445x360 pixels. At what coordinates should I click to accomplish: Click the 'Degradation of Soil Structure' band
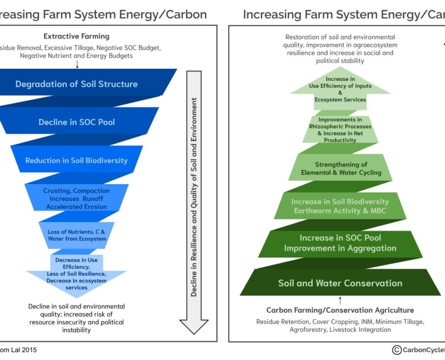[77, 84]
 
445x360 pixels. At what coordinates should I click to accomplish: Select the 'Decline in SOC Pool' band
[77, 122]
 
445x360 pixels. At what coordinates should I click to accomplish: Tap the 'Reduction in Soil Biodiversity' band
[77, 161]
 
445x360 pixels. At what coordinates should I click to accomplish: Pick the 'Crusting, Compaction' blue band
[77, 198]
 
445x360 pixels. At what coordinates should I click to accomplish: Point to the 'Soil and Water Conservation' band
[340, 283]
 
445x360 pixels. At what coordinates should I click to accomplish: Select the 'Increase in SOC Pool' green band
[340, 243]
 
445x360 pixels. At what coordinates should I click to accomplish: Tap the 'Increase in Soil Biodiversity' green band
[340, 206]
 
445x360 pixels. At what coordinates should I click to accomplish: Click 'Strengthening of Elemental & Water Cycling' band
[340, 168]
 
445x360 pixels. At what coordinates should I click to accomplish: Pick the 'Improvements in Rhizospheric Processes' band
[340, 129]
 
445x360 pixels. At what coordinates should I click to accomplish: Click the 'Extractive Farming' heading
[76, 36]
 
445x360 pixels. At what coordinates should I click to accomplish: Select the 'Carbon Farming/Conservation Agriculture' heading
[340, 310]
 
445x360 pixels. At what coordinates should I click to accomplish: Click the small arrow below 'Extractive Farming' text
[77, 64]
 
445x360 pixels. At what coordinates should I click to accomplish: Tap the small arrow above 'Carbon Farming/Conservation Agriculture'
[340, 300]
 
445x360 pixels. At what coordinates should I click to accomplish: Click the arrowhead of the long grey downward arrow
[194, 326]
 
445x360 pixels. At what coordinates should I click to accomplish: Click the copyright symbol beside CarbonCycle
[397, 350]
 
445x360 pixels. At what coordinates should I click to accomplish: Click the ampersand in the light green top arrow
[340, 93]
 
